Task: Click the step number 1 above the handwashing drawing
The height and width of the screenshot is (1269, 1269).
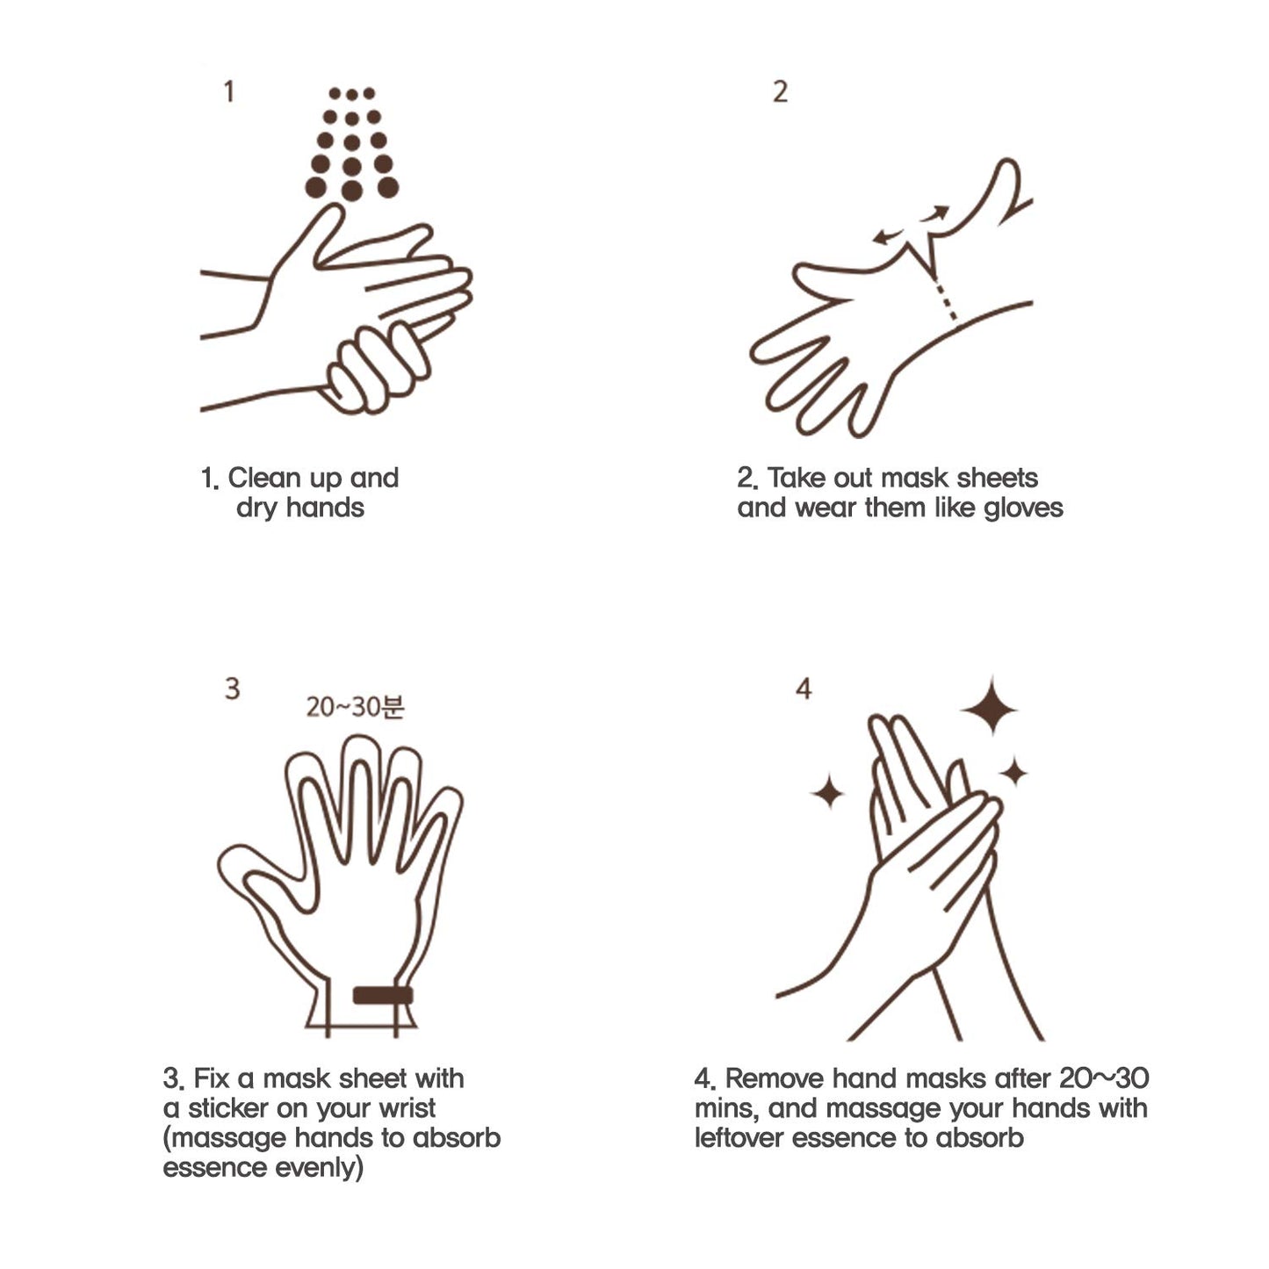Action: tap(229, 91)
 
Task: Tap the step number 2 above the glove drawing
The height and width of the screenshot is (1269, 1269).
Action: tap(780, 91)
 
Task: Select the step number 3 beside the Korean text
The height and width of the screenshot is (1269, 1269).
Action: tap(232, 688)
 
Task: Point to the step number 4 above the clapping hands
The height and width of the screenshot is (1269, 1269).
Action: tap(803, 689)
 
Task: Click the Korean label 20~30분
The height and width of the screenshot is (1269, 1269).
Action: tap(355, 707)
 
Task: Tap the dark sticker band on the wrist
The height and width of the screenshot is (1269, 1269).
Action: tap(383, 995)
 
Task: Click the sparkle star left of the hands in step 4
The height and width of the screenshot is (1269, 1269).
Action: tap(827, 792)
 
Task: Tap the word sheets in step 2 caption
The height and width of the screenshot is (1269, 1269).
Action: tap(997, 478)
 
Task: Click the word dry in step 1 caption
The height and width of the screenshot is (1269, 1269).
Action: tap(256, 508)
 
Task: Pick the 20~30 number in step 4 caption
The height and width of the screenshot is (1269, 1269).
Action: tap(1103, 1078)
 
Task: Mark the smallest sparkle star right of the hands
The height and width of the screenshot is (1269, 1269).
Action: tap(1013, 773)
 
